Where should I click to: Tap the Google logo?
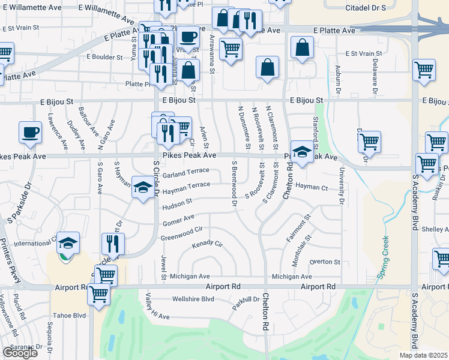[20, 353]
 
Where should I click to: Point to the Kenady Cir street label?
[207, 245]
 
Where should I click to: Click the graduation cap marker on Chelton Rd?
[303, 151]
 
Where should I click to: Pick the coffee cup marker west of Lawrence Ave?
[30, 132]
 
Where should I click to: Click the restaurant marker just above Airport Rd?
[113, 244]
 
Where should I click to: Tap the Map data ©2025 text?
[423, 355]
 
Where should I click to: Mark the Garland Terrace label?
[185, 173]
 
